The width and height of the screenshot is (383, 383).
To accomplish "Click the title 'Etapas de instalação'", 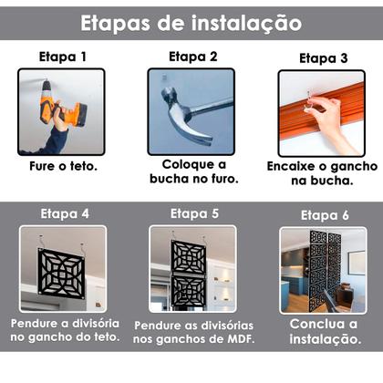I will click(x=191, y=21).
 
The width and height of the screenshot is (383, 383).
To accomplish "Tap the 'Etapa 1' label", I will click(x=62, y=57).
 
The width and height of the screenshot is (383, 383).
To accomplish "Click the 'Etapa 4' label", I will click(x=64, y=214).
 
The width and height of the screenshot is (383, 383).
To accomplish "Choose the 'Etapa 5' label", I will click(x=194, y=214).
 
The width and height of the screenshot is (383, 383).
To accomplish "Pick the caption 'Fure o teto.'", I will click(x=62, y=168).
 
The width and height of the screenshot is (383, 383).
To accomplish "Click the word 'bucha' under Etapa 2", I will click(x=171, y=179).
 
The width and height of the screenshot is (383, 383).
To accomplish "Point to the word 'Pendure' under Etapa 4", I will click(x=34, y=325).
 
